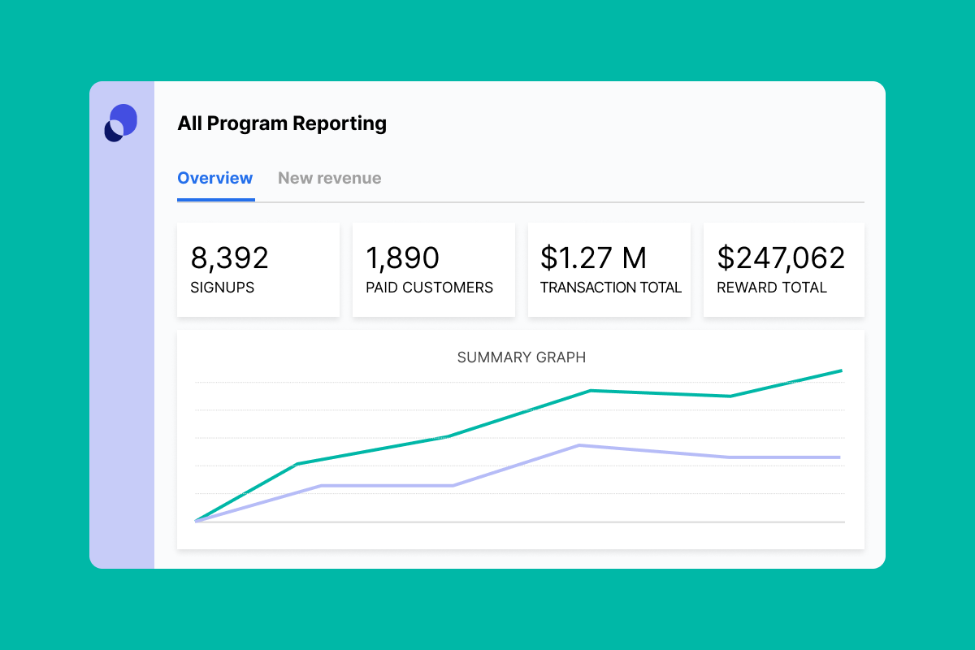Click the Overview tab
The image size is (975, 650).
(x=215, y=178)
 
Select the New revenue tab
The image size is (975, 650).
(x=329, y=178)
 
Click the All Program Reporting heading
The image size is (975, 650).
(x=282, y=123)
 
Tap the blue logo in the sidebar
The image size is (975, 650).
(x=121, y=123)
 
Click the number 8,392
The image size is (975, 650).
(x=229, y=258)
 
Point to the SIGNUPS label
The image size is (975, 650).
(x=222, y=288)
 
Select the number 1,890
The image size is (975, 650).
(x=402, y=258)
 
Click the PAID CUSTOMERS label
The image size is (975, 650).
(x=429, y=288)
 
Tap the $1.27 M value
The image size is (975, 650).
(x=593, y=258)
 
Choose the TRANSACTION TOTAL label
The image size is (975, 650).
(x=611, y=288)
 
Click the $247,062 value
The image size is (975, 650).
(x=781, y=258)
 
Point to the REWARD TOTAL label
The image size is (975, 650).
(x=771, y=288)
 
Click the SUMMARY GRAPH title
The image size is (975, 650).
(x=522, y=357)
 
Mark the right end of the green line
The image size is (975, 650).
(x=841, y=370)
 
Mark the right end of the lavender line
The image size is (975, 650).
(x=839, y=457)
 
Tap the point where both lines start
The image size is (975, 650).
(x=197, y=521)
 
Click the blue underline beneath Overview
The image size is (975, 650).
(x=216, y=199)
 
